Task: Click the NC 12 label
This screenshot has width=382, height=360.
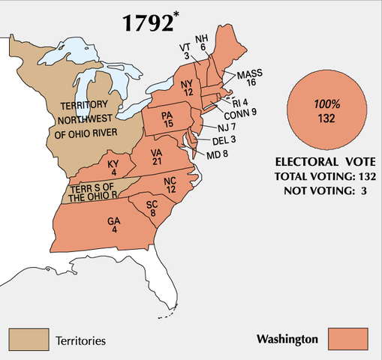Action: click(170, 185)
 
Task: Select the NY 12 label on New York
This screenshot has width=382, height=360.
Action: click(188, 86)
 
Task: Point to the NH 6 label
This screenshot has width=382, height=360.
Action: click(201, 42)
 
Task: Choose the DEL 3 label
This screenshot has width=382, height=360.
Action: click(223, 140)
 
